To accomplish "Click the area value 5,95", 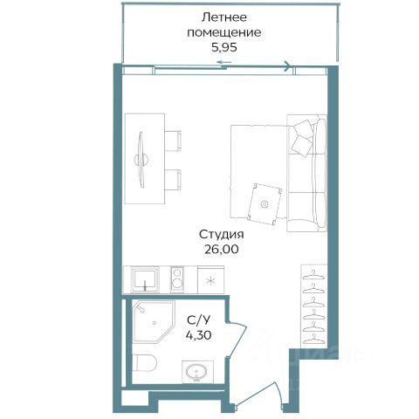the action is click(x=224, y=47).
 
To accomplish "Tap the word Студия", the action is click(x=222, y=235).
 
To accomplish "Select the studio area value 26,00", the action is click(x=222, y=250).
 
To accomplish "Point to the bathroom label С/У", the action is click(x=198, y=320).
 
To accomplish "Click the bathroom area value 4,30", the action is click(x=199, y=335).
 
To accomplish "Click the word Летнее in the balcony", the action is click(x=224, y=17).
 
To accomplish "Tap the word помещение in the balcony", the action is click(x=224, y=32).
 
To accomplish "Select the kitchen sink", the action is click(x=145, y=280).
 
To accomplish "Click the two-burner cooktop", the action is click(x=177, y=279).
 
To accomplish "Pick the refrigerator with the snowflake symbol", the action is click(x=210, y=280).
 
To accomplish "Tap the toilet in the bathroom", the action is click(x=145, y=363).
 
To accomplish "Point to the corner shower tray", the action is click(x=154, y=322).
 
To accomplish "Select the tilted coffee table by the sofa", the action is click(x=264, y=204).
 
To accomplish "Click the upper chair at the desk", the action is click(x=173, y=141).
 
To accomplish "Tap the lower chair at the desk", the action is click(x=173, y=180).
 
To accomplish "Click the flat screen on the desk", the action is click(x=141, y=160).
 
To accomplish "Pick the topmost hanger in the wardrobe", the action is click(x=313, y=275).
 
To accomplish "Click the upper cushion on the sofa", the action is click(x=304, y=128).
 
